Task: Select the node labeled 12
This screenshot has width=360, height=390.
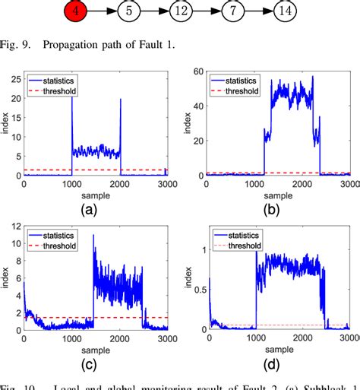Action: point(182,12)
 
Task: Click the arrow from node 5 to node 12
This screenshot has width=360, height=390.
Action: point(155,12)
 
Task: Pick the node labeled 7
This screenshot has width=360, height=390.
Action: point(233,12)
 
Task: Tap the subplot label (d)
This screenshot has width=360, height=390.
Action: point(270,363)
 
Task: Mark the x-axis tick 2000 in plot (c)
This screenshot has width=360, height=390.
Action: point(119,338)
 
